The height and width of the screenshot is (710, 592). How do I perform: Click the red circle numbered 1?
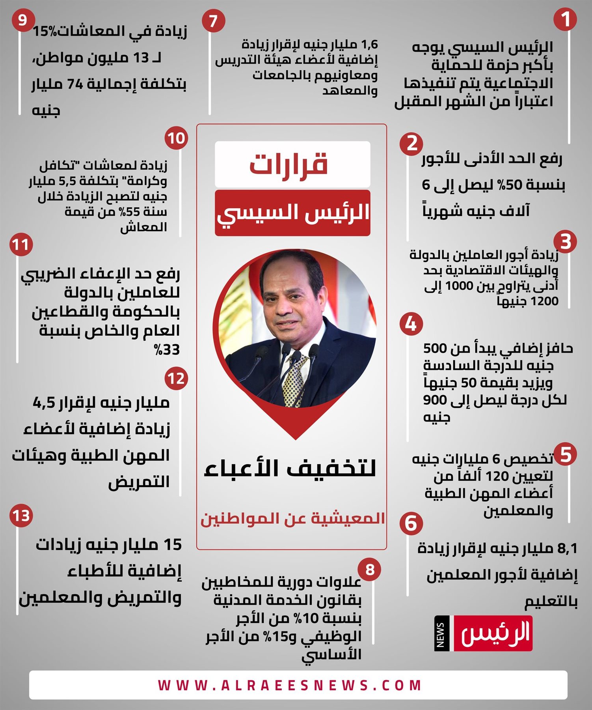coord(565,19)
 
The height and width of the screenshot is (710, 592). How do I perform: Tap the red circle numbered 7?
coord(213,21)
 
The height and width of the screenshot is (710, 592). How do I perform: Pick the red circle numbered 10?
coord(176,138)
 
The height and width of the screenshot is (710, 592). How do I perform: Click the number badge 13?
coord(21,516)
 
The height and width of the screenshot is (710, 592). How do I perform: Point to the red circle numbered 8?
coord(369,570)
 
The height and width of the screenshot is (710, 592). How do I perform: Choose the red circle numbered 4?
coord(411,324)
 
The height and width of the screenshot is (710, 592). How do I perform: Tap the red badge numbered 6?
coord(411,523)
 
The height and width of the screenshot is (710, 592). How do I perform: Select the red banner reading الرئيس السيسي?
coord(292,213)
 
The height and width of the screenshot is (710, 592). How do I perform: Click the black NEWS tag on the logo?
coord(441,633)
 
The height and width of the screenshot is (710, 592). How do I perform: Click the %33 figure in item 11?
coord(167,350)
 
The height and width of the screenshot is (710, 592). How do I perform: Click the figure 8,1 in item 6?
coord(567,548)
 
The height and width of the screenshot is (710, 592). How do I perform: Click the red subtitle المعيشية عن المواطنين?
coord(292,518)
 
